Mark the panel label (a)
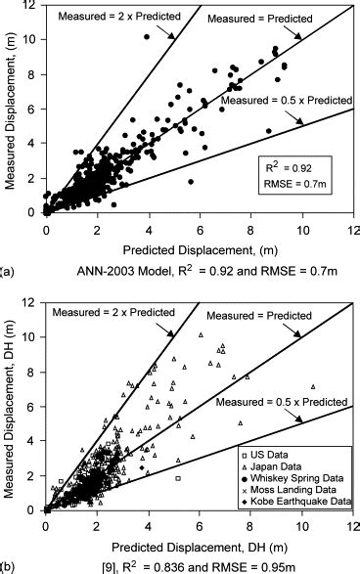[7, 264]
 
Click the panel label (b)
[7, 564]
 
